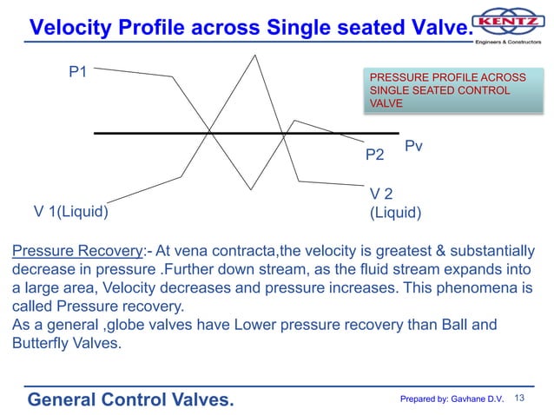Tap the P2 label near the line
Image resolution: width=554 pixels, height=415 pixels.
(374, 155)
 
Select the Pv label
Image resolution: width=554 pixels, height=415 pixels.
(419, 147)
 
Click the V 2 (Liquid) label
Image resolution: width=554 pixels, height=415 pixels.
(395, 203)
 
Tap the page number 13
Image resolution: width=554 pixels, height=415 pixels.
(521, 398)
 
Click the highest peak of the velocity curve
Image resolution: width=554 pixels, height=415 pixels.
(254, 56)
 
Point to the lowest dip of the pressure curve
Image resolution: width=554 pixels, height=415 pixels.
(251, 188)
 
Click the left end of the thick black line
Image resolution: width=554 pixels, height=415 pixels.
(96, 133)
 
